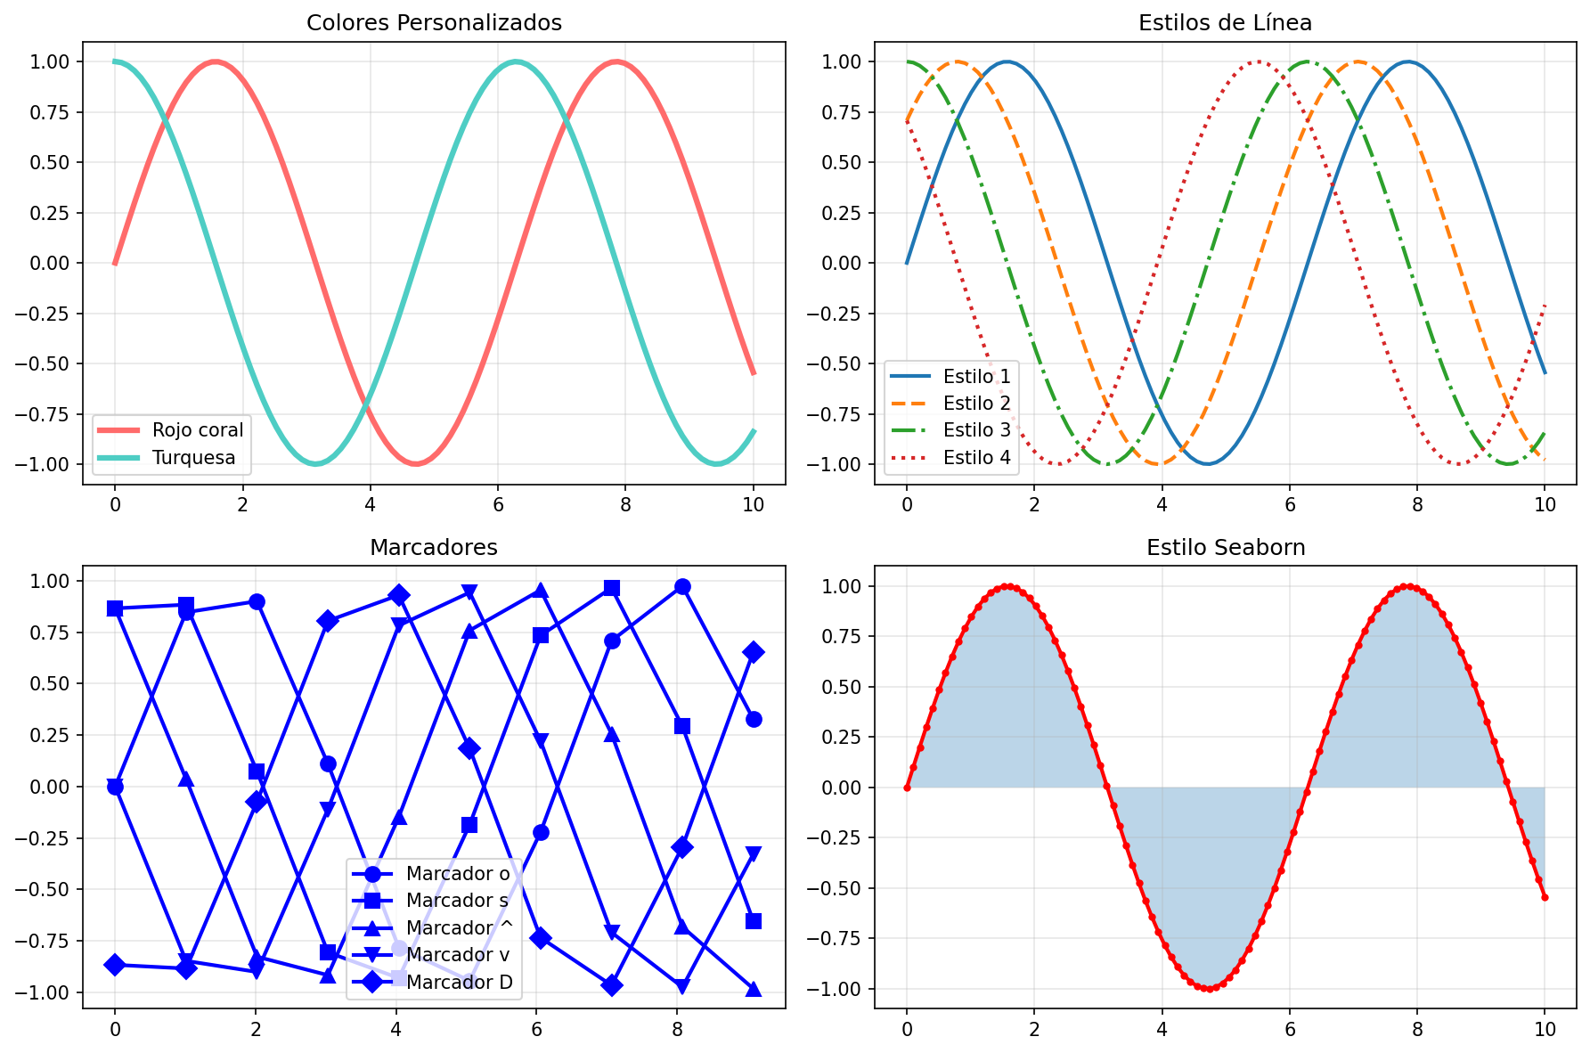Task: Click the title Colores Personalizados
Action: tap(434, 23)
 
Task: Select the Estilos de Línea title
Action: tap(1225, 23)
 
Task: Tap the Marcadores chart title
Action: tap(434, 548)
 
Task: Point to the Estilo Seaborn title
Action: tap(1226, 548)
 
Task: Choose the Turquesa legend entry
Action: tap(193, 458)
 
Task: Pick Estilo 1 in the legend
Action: tap(977, 376)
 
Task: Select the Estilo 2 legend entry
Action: tap(977, 404)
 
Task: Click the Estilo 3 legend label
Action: tap(977, 430)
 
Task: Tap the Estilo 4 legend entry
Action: tap(977, 458)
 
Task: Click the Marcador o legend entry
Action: tap(458, 874)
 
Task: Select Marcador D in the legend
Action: tap(459, 983)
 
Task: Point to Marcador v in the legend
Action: tap(458, 955)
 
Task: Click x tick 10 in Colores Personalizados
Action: tap(754, 504)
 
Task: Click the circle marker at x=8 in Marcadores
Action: tap(682, 586)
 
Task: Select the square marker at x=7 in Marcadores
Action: tap(612, 588)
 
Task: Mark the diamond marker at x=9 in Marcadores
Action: tap(754, 652)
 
